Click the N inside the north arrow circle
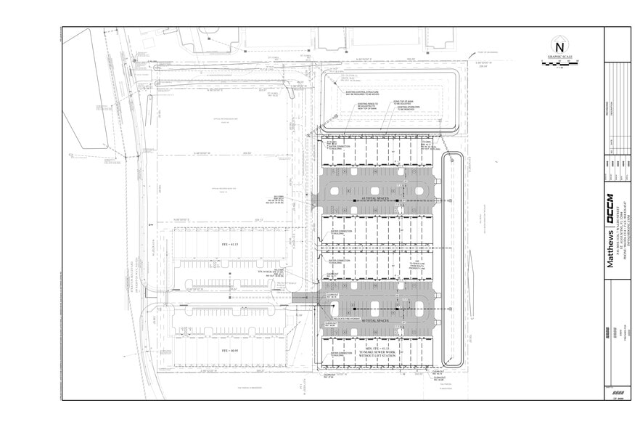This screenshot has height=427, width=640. (559, 46)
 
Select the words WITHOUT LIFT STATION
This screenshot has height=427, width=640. (376, 356)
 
